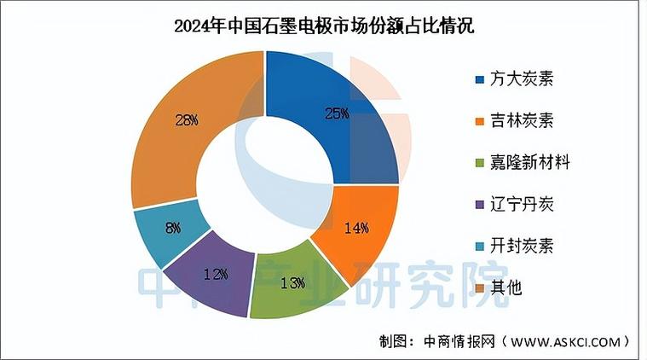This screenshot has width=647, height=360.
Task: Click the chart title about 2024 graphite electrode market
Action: tap(323, 26)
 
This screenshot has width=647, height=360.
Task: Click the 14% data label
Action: tap(355, 228)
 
